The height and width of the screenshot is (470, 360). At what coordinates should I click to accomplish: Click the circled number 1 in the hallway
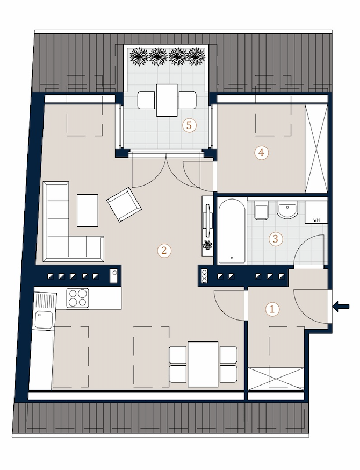click(x=272, y=309)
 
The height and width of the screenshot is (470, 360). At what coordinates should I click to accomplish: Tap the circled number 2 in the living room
click(x=164, y=250)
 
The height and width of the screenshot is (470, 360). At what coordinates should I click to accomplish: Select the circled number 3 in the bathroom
click(x=276, y=239)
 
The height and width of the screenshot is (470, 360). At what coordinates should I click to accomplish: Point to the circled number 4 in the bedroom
click(x=262, y=153)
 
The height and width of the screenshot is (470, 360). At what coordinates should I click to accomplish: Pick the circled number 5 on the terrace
click(x=189, y=125)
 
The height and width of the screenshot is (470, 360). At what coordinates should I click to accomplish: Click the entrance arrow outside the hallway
click(x=341, y=307)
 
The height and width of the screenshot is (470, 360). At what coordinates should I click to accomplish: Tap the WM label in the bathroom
click(x=316, y=220)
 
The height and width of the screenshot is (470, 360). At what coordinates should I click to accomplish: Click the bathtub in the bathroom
click(x=233, y=231)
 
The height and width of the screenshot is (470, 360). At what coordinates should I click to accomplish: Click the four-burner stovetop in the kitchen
click(x=77, y=297)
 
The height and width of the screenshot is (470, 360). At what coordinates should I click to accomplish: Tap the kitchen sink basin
click(x=44, y=319)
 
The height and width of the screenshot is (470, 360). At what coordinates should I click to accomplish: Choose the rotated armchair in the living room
click(x=124, y=204)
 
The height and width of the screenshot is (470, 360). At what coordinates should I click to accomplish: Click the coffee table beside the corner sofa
click(x=88, y=210)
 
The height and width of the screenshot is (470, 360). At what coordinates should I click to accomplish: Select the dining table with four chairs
click(x=203, y=364)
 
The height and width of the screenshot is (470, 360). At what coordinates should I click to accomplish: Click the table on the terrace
click(x=167, y=100)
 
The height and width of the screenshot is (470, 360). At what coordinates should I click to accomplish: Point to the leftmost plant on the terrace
click(x=139, y=56)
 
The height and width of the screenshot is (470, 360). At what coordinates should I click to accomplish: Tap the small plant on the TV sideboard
click(x=207, y=245)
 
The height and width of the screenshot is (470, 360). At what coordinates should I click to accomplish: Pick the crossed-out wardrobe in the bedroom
click(x=316, y=149)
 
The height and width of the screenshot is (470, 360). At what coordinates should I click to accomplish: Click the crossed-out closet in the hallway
click(x=276, y=379)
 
